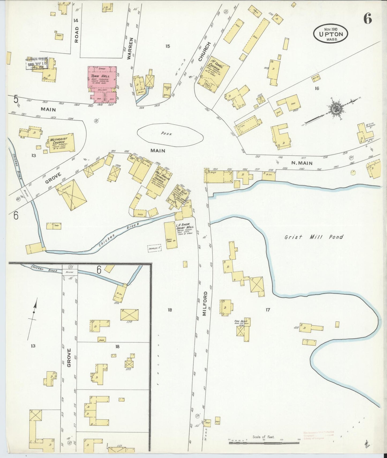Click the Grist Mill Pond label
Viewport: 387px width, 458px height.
[x=314, y=237]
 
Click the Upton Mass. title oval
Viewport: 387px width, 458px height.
[x=331, y=34]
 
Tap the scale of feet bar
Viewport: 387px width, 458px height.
[x=264, y=443]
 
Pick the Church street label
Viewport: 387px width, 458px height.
[x=201, y=51]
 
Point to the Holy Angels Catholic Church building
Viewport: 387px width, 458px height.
[x=157, y=182]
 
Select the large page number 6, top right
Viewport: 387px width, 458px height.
[x=367, y=19]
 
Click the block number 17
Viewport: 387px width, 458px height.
[x=268, y=310]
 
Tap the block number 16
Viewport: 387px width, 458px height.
[x=317, y=88]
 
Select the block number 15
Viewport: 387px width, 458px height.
[x=167, y=46]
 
